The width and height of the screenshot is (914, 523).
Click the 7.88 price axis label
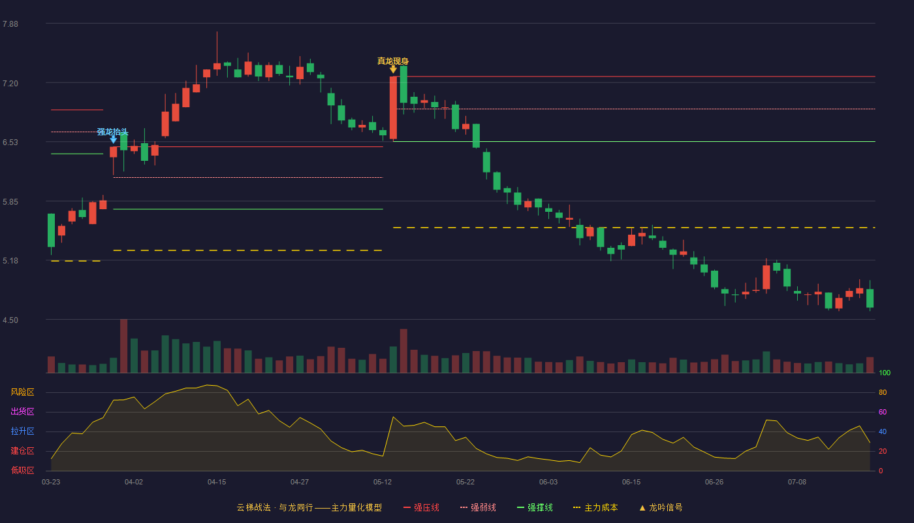[10, 24]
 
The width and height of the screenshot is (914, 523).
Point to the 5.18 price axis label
[10, 261]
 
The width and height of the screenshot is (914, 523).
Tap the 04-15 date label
[217, 482]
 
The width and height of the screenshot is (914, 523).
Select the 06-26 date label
[714, 482]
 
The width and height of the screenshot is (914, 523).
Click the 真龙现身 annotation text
[393, 61]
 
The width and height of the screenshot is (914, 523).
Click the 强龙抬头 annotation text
[112, 131]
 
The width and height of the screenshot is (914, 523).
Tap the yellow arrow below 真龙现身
[393, 69]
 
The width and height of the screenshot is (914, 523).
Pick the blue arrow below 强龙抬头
[114, 140]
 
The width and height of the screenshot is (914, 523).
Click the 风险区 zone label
[22, 392]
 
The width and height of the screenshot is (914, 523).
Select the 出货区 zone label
[22, 411]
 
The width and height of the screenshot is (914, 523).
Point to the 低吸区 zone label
[22, 470]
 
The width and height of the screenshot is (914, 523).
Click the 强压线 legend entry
[421, 507]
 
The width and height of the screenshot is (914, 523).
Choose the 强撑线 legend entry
[535, 507]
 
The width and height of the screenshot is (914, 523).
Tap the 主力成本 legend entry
[595, 507]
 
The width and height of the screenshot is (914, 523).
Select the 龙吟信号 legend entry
[661, 507]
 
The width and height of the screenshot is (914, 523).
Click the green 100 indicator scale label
[885, 373]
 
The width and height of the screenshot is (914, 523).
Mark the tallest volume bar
[123, 346]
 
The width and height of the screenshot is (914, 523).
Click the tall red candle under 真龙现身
[393, 108]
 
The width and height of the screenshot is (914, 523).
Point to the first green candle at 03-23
[51, 230]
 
